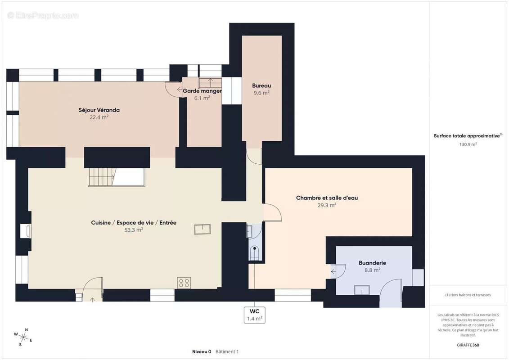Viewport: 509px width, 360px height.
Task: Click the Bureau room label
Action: [x=261, y=85]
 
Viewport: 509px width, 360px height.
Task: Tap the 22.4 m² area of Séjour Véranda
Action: [x=99, y=117]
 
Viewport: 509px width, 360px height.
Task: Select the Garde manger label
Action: [x=202, y=91]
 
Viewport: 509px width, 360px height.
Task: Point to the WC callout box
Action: [x=255, y=315]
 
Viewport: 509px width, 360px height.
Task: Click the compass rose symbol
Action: [x=23, y=337]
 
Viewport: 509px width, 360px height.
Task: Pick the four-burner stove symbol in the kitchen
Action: [x=184, y=283]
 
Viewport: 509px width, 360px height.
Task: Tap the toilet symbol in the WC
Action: [x=255, y=252]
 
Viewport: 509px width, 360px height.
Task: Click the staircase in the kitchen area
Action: [x=117, y=177]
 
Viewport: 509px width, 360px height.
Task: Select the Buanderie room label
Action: [x=372, y=263]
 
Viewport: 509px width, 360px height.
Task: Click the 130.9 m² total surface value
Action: [x=468, y=144]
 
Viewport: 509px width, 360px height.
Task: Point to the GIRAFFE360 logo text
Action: [x=468, y=345]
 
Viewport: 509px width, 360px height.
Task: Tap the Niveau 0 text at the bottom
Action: [x=202, y=351]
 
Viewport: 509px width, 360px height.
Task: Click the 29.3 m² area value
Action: [x=327, y=205]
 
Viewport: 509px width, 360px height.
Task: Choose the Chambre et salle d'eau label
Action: [x=327, y=198]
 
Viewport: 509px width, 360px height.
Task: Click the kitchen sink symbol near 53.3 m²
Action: [x=203, y=229]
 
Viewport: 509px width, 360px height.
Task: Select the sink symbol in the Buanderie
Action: [x=362, y=290]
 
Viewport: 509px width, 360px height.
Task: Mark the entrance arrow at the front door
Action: [x=92, y=299]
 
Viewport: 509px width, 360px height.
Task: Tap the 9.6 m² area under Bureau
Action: [x=261, y=93]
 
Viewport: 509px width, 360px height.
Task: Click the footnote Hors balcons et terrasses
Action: [x=468, y=295]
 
